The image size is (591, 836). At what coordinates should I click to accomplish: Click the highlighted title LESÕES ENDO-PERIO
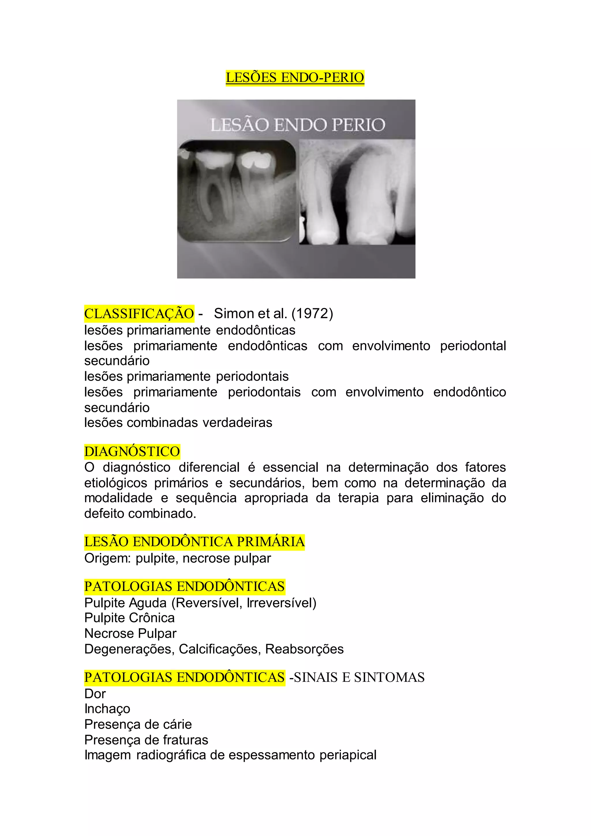tap(295, 78)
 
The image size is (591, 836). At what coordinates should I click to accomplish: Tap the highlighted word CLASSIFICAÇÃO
tap(139, 313)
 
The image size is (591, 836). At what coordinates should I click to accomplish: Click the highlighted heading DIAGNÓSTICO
tap(132, 451)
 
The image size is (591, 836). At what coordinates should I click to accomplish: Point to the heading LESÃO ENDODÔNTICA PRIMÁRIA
tap(194, 542)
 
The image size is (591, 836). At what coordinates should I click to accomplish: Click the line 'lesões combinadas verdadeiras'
tap(178, 423)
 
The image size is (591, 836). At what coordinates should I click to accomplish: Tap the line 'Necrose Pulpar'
tap(130, 634)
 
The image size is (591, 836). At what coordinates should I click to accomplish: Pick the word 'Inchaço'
tap(107, 709)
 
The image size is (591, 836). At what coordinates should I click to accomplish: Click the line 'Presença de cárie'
tap(138, 724)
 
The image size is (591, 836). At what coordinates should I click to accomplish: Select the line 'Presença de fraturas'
tap(146, 740)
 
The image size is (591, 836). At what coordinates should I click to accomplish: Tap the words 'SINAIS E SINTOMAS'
tap(359, 677)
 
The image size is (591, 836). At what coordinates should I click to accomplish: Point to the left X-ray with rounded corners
tap(237, 191)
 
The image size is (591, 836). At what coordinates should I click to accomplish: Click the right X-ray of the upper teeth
tap(357, 192)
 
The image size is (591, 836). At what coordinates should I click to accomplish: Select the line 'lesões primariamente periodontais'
tap(186, 376)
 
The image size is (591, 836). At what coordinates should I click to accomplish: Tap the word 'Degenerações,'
tap(129, 649)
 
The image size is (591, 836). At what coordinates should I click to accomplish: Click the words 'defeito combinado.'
tap(140, 513)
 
